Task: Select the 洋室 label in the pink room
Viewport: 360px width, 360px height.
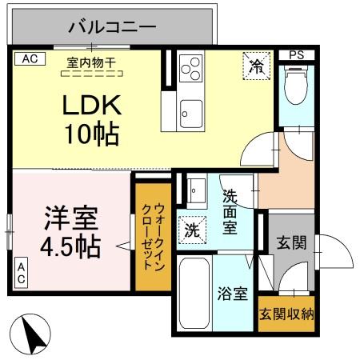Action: click(x=70, y=218)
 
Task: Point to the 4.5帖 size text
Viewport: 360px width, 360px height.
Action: click(x=70, y=246)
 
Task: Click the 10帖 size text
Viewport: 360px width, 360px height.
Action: click(x=91, y=134)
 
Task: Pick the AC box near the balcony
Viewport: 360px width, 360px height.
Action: click(x=29, y=59)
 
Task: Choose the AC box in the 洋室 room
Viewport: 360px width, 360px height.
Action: click(x=22, y=271)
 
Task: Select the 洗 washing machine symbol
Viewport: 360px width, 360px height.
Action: click(x=192, y=230)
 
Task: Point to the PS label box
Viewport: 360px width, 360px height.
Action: click(x=297, y=55)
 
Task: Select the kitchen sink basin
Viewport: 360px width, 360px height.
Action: click(x=190, y=112)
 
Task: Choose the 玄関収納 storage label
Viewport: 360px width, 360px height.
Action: click(x=286, y=313)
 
